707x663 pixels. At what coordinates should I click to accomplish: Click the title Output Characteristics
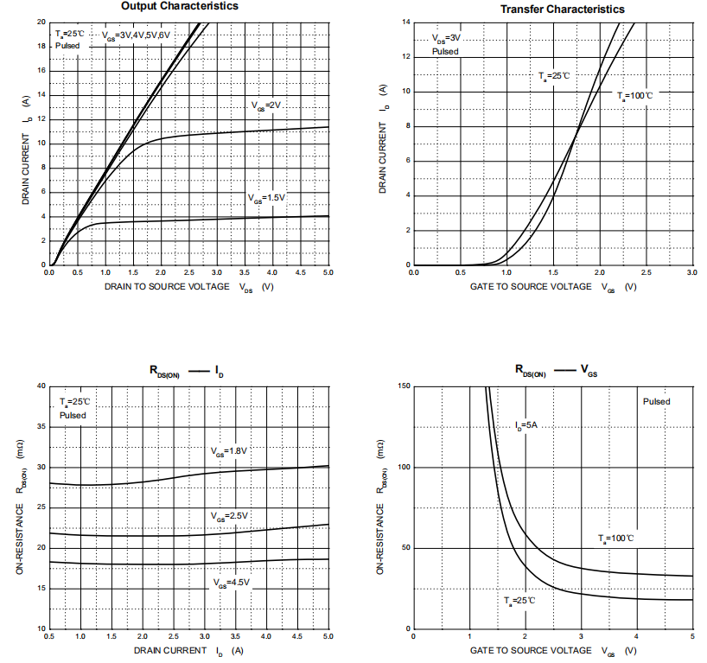tap(180, 6)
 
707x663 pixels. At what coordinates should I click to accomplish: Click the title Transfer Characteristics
tap(563, 9)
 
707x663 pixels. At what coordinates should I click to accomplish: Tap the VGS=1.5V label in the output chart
tap(265, 198)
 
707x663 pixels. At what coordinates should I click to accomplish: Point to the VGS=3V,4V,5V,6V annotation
tap(137, 35)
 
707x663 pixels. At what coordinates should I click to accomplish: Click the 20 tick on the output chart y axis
tap(41, 22)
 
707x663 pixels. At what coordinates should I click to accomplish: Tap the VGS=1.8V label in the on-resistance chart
tap(229, 451)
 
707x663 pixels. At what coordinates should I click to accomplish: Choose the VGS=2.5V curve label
tap(229, 516)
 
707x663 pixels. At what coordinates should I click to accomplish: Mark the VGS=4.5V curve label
tap(231, 583)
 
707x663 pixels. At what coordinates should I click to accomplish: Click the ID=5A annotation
tap(525, 425)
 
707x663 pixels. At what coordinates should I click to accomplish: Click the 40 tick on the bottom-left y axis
tap(40, 386)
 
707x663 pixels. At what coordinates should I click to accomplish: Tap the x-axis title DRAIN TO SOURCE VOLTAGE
tap(168, 286)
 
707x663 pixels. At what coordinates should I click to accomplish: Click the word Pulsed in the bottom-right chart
tap(656, 401)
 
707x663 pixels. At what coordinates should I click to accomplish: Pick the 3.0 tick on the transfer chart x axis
tap(691, 273)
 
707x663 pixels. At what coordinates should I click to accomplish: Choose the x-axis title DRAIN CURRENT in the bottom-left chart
tap(170, 649)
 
